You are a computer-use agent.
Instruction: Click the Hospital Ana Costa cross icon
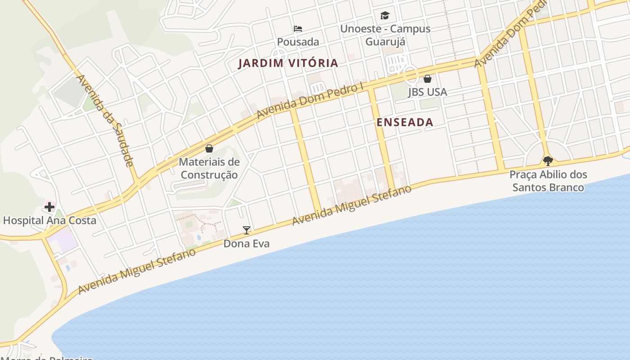(49, 207)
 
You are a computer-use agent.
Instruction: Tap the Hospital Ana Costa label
(49, 220)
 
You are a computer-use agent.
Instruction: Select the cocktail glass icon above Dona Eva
(246, 230)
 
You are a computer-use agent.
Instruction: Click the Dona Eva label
(247, 244)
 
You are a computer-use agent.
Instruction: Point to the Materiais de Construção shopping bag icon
(209, 148)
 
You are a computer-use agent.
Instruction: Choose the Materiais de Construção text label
(209, 168)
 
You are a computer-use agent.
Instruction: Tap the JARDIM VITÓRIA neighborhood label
(288, 63)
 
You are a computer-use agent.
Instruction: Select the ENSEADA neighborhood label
(405, 122)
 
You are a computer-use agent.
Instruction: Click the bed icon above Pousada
(298, 29)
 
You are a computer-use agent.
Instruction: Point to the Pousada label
(298, 42)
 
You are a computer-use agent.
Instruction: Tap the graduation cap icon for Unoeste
(385, 16)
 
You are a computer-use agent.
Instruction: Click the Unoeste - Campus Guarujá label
(385, 35)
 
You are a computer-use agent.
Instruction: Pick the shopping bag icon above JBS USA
(427, 79)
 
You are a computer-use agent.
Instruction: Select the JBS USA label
(427, 92)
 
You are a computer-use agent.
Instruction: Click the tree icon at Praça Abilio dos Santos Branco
(548, 161)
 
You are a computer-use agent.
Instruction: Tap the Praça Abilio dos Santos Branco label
(548, 181)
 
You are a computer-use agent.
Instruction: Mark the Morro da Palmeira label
(47, 358)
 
